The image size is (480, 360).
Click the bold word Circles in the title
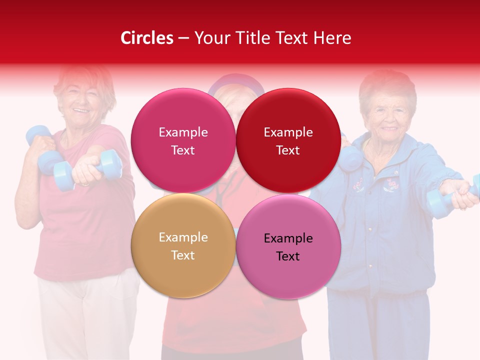pos(146,38)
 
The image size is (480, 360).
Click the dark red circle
pos(288,140)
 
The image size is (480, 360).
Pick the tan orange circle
pos(183,245)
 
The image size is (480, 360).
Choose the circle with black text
pos(288,246)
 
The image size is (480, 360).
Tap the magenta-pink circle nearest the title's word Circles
pos(183,140)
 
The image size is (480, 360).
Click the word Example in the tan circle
pos(183,237)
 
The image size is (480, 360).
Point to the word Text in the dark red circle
pos(288,150)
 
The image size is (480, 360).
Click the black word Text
pos(288,256)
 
